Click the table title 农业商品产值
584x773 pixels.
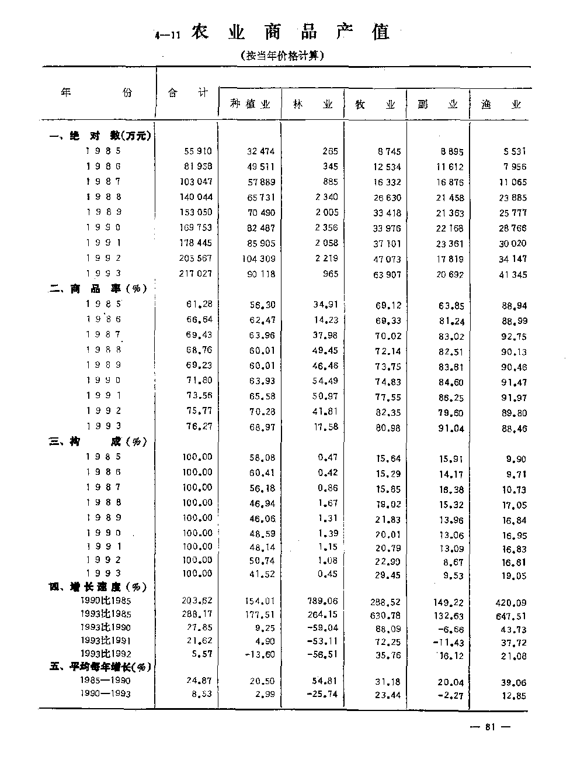[290, 32]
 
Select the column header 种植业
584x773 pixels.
[251, 104]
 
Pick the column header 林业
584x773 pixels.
[312, 104]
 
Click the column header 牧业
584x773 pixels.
[376, 105]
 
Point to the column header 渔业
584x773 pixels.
[500, 105]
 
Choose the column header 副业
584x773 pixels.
[437, 105]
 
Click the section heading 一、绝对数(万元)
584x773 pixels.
[100, 136]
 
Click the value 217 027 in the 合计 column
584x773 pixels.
[196, 273]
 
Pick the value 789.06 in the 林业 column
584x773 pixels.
[322, 601]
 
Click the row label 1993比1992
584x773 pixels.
[106, 654]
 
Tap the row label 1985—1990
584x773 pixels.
[105, 680]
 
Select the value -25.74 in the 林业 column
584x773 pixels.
[322, 694]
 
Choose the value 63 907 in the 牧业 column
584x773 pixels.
[387, 274]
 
